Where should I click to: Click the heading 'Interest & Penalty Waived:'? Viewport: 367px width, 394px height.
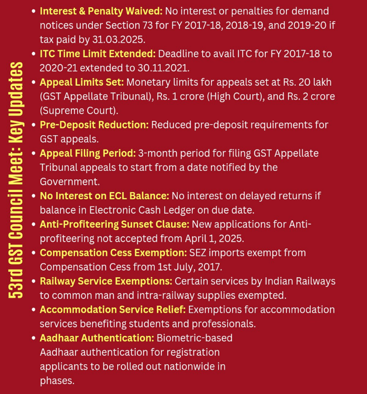tap(101, 11)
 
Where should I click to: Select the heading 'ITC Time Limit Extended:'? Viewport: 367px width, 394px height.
tap(98, 54)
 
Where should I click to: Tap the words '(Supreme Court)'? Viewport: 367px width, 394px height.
tap(79, 111)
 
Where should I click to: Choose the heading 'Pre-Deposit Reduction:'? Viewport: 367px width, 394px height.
tap(94, 125)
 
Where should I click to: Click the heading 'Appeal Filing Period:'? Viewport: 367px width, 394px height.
tap(88, 153)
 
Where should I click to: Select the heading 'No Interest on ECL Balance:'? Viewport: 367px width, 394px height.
tap(104, 196)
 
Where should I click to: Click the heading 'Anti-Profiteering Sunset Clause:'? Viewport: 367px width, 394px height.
tap(114, 224)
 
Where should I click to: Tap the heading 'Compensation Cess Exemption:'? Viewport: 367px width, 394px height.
tap(113, 253)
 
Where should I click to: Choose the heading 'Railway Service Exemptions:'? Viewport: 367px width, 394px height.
tap(106, 281)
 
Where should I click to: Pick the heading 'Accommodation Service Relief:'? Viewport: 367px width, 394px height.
tap(113, 309)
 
